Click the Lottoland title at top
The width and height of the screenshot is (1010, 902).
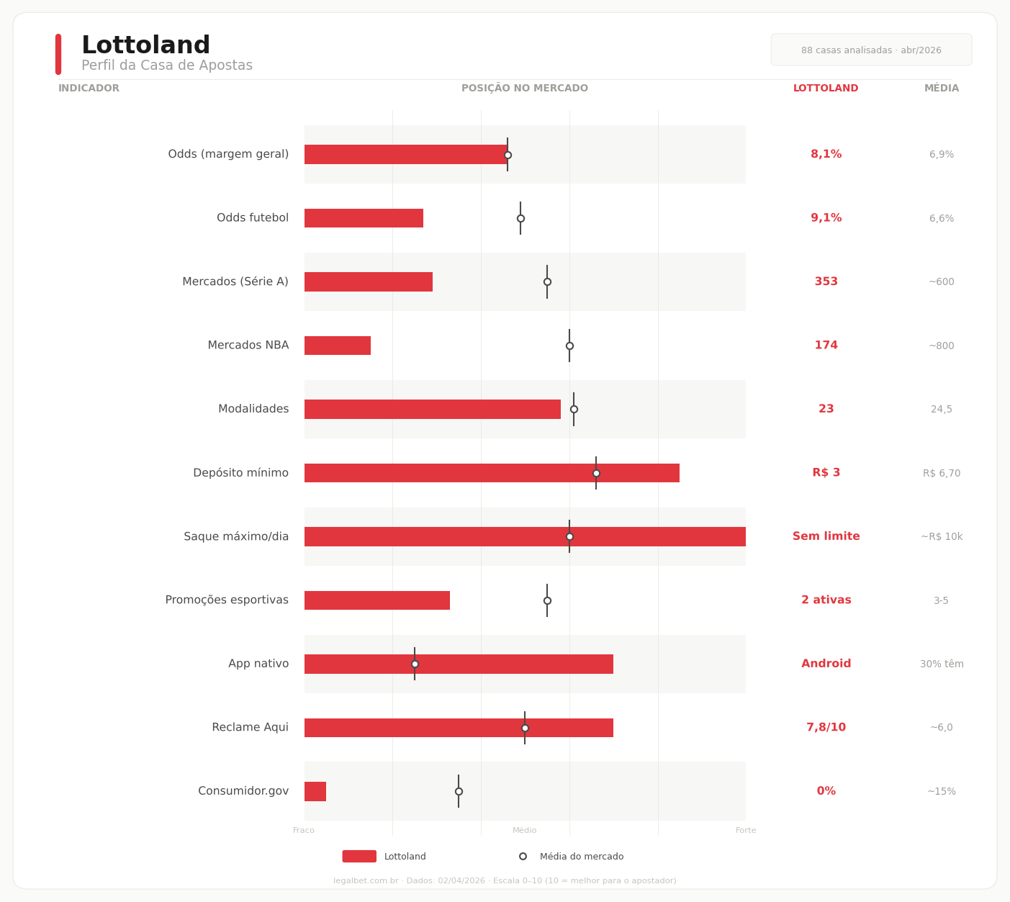[145, 46]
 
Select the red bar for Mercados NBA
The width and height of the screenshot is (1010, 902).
[337, 346]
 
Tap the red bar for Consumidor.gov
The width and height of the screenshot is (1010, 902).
[315, 791]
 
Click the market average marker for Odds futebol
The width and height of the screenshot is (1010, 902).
[520, 218]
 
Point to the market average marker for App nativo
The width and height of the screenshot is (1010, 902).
[415, 664]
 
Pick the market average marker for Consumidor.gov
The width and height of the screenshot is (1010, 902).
[459, 791]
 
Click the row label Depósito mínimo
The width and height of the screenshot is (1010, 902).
[240, 473]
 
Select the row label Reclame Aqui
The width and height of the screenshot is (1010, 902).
[250, 728]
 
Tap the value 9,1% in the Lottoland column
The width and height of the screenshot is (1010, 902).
[826, 218]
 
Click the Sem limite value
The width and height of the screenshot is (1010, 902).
[826, 536]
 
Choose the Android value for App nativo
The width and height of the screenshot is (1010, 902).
[826, 664]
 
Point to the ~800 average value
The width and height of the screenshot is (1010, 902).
[941, 346]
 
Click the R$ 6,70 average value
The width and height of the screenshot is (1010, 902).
[941, 473]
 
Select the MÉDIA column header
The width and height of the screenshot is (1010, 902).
[941, 89]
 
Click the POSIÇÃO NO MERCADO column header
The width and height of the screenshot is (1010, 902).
[524, 89]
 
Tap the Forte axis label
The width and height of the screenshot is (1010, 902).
[746, 831]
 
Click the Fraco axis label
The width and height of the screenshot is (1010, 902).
[304, 831]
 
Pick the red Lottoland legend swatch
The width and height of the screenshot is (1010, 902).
[359, 857]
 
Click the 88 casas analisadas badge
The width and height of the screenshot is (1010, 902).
[871, 50]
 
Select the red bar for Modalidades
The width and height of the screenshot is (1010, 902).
[432, 409]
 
